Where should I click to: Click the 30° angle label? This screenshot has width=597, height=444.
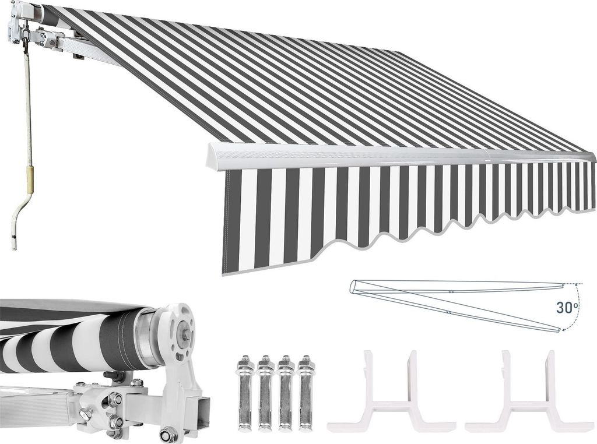pyautogui.click(x=566, y=307)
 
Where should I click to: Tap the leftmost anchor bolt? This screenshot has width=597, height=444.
pyautogui.click(x=245, y=398)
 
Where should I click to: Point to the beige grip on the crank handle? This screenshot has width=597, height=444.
pyautogui.click(x=29, y=179)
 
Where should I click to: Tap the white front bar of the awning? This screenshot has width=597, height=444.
pyautogui.click(x=400, y=154)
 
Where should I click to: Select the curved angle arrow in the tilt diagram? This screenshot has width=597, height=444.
pyautogui.click(x=574, y=308)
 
